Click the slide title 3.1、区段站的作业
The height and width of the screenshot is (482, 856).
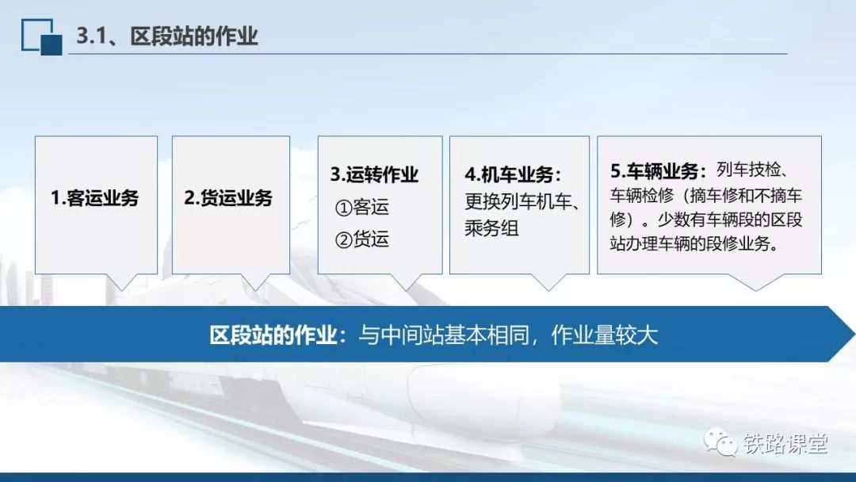[x=166, y=36]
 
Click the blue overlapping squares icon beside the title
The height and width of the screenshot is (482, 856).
[x=41, y=36]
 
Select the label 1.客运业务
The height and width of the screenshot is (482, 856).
[x=94, y=197]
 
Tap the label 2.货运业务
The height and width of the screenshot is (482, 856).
[x=228, y=197]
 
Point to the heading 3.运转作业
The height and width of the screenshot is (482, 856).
[x=374, y=174]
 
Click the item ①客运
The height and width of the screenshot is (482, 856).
[x=362, y=208]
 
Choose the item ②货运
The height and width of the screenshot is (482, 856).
[x=362, y=239]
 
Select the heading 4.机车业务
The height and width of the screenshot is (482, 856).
[x=513, y=174]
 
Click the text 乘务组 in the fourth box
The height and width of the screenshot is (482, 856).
[x=492, y=228]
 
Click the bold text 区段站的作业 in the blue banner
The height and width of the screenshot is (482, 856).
[x=273, y=335]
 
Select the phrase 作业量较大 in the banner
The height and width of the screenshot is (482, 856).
[x=604, y=335]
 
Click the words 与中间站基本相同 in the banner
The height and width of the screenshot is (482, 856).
[x=445, y=335]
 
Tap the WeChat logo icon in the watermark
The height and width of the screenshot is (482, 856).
[x=720, y=442]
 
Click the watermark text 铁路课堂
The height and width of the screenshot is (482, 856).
[x=785, y=444]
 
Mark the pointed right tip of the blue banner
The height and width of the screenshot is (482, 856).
[x=855, y=334]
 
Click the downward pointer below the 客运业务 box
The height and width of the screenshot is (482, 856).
[x=121, y=282]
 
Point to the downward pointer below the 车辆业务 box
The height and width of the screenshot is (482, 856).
[x=757, y=282]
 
